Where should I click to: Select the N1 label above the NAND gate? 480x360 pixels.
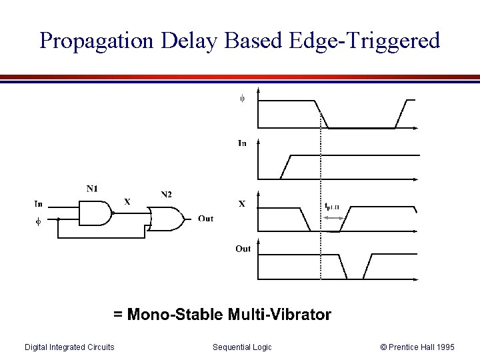(93, 189)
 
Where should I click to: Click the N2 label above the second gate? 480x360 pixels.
(166, 194)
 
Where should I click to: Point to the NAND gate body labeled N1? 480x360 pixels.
(95, 213)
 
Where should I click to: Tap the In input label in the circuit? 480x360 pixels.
(39, 204)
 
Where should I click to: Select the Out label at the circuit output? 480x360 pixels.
(206, 219)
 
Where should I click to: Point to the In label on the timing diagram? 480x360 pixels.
(242, 143)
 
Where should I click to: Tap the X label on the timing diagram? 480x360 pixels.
(242, 204)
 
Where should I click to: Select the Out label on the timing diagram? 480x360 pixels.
(243, 249)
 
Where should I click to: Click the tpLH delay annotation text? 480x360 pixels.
(332, 207)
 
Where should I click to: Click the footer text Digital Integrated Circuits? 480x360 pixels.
(69, 347)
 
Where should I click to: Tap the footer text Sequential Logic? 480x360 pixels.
(242, 347)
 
